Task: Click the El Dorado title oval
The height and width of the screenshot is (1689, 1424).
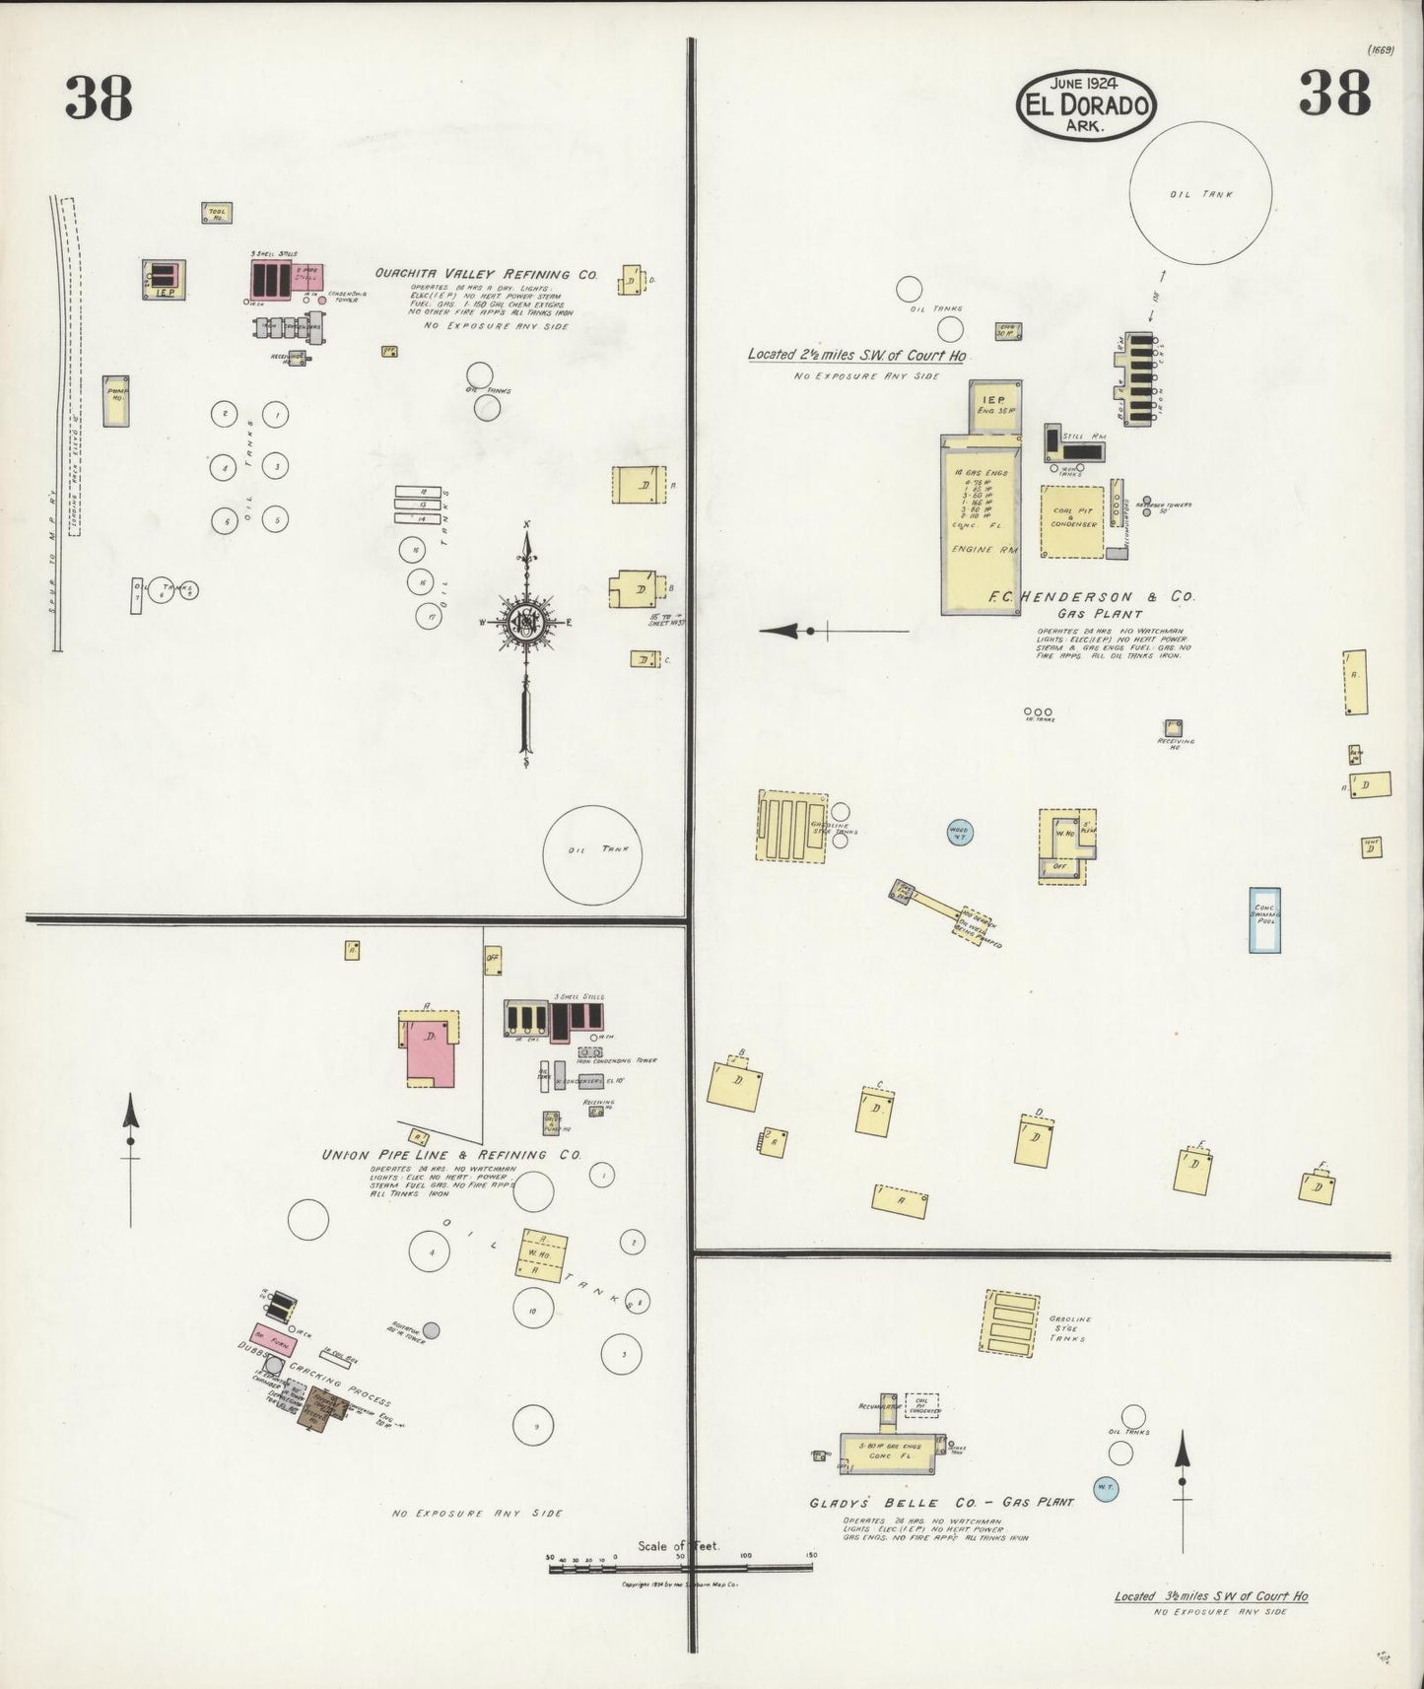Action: click(1086, 104)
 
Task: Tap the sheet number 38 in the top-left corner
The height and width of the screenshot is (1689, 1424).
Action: click(99, 97)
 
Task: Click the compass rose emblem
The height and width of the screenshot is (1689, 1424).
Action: click(527, 622)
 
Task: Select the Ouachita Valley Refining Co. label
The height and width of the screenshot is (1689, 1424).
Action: click(486, 275)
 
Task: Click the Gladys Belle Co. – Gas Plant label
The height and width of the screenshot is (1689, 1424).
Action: click(941, 1504)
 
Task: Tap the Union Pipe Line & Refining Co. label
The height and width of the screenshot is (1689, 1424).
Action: click(451, 1154)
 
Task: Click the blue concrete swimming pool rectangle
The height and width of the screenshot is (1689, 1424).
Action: click(1264, 919)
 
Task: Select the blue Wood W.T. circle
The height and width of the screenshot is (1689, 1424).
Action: click(959, 833)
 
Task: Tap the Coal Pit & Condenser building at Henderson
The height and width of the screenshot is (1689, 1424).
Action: click(1072, 520)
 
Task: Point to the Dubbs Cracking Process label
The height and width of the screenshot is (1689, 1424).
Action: click(313, 1368)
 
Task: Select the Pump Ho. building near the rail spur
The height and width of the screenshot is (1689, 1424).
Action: click(117, 400)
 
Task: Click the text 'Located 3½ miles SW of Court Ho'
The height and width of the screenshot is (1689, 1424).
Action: click(1211, 1597)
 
